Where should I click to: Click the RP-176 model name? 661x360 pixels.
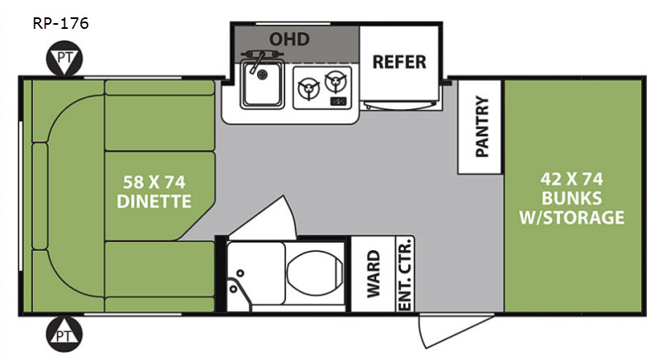coord(60,23)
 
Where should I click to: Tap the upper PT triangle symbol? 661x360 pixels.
coord(64,59)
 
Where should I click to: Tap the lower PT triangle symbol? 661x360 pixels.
coord(64,334)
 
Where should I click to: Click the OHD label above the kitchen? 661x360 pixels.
coord(290,39)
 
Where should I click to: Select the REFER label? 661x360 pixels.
coord(399,62)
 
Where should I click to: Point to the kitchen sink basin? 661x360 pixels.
coord(262,83)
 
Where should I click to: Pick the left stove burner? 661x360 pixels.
coord(308,88)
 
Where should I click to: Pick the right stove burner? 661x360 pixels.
coord(336,80)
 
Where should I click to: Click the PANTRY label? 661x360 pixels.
coord(482,126)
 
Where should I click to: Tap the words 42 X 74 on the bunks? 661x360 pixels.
coord(572,179)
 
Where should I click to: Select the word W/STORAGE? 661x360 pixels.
coord(572,218)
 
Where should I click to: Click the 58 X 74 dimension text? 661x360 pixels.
coord(155,182)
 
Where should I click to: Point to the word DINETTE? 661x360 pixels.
coord(155,201)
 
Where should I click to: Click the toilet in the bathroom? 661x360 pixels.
coord(315,272)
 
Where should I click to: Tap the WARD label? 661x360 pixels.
coord(373,274)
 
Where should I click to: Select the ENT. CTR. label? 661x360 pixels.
coord(405,274)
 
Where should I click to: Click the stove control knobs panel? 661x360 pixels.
coord(339,101)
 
